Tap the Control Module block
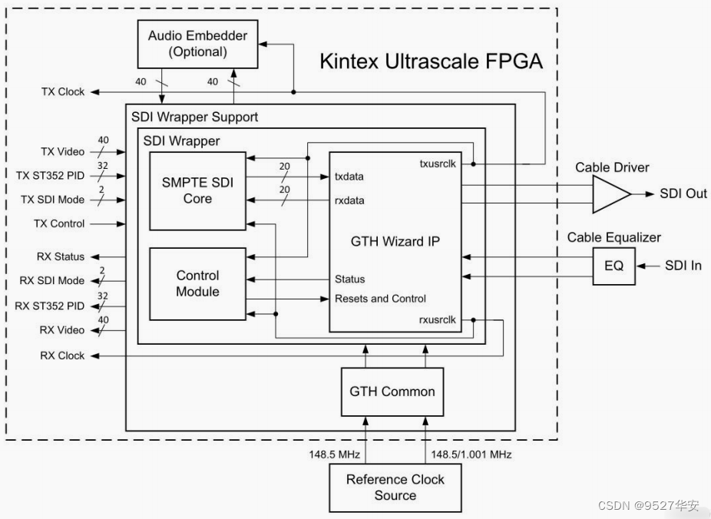pyautogui.click(x=197, y=283)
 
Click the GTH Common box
pyautogui.click(x=392, y=392)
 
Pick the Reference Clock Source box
pyautogui.click(x=395, y=487)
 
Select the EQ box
pyautogui.click(x=613, y=266)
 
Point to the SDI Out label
pyautogui.click(x=683, y=193)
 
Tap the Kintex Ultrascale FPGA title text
pyautogui.click(x=431, y=61)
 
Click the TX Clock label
pyautogui.click(x=63, y=91)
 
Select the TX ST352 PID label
pyautogui.click(x=50, y=176)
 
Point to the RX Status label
pyautogui.click(x=60, y=256)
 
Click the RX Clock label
pyautogui.click(x=62, y=355)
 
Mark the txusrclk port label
pyautogui.click(x=438, y=164)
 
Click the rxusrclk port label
pyautogui.click(x=438, y=319)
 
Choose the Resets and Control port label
pyautogui.click(x=380, y=299)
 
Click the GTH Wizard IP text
pyautogui.click(x=395, y=240)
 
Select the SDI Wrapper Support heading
pyautogui.click(x=194, y=117)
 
